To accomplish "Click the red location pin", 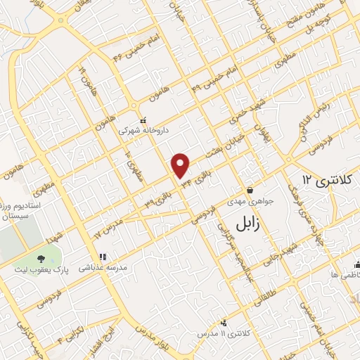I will point(181,165).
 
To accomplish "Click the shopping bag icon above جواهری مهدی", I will point(250,190).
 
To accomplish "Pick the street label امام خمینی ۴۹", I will point(208,82).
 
